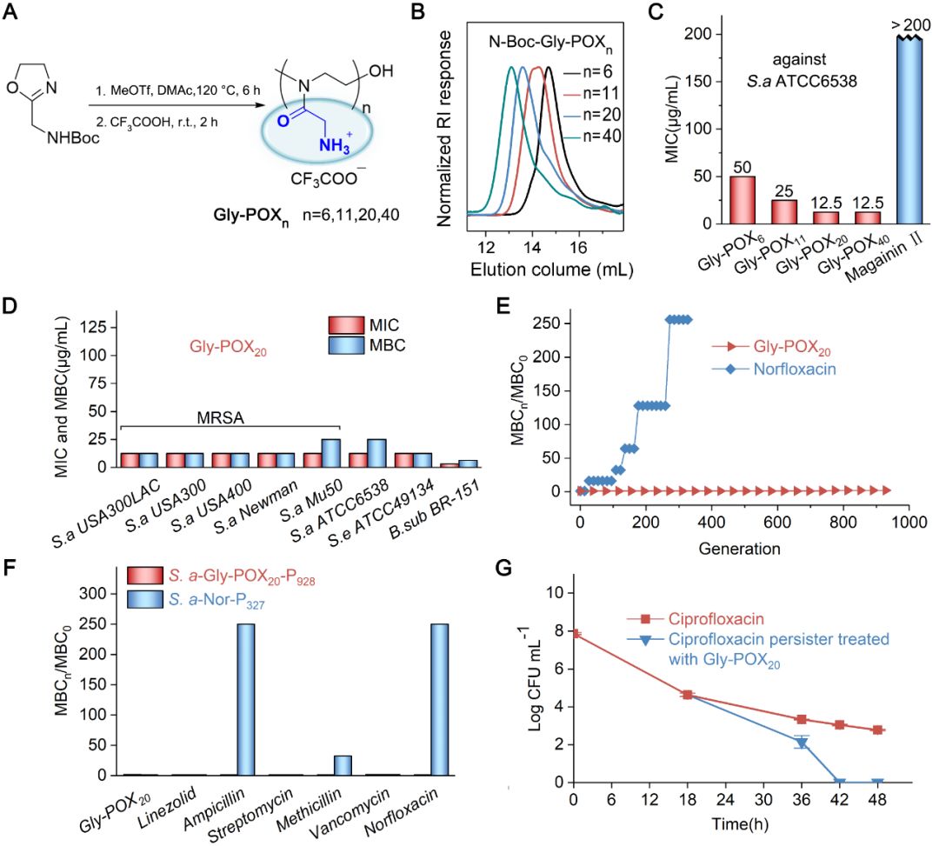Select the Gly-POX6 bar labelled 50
741,199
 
